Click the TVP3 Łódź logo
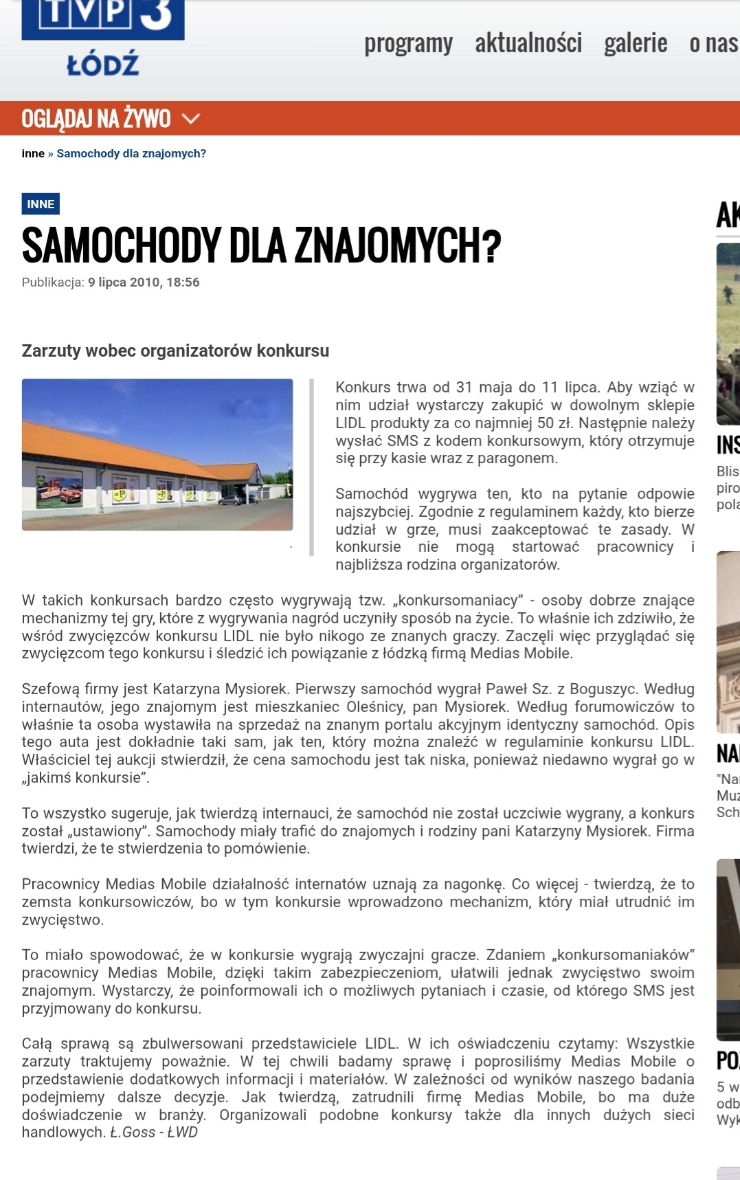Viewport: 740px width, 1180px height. click(x=103, y=38)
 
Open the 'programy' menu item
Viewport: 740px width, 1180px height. click(x=408, y=43)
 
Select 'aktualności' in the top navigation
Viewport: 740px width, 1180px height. click(x=528, y=43)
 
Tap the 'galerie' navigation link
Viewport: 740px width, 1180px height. click(x=636, y=43)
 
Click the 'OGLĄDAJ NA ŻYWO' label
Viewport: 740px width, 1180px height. click(x=96, y=119)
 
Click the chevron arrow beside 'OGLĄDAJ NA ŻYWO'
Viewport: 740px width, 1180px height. click(x=190, y=119)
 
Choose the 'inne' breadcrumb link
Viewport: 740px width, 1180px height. click(x=33, y=153)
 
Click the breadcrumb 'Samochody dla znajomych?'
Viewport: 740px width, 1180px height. click(x=131, y=153)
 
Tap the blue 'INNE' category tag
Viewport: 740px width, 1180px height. click(x=41, y=204)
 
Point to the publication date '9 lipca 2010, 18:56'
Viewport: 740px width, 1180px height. click(x=144, y=282)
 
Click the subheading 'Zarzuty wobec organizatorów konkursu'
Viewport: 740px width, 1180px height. click(x=175, y=351)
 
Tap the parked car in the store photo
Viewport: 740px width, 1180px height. click(x=229, y=500)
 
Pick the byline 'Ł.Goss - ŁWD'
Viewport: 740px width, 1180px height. click(x=154, y=1133)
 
